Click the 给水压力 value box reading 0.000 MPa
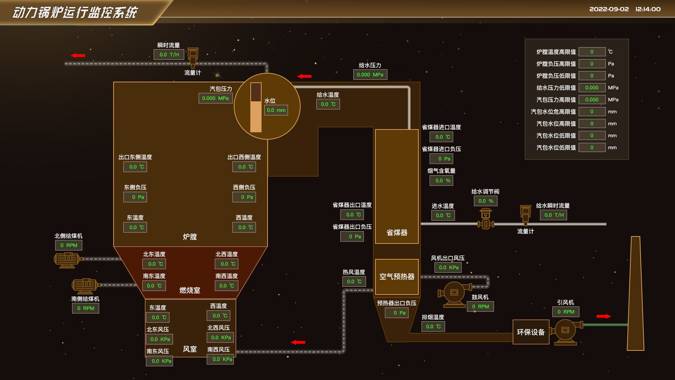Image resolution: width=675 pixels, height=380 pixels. [370, 75]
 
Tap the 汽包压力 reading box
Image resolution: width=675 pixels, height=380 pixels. [215, 98]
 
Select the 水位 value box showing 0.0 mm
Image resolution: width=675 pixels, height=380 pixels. [276, 110]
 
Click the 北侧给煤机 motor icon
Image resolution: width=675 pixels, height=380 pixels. [67, 260]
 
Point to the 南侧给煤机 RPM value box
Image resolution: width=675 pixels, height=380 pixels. [85, 308]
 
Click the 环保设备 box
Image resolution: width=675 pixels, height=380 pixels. [531, 332]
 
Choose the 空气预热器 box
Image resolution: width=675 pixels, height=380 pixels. [397, 277]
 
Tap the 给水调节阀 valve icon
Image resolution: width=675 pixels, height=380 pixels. [486, 219]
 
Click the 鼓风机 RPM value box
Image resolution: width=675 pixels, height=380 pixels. [480, 306]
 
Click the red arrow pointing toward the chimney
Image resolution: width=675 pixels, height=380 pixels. [604, 316]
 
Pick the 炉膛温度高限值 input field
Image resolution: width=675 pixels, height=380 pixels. [592, 52]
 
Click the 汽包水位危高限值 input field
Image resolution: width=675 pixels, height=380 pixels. [592, 112]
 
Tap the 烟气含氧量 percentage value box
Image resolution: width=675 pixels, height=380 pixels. [441, 180]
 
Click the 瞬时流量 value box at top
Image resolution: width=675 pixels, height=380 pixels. [169, 55]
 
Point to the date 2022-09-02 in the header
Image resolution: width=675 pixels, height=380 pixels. [609, 9]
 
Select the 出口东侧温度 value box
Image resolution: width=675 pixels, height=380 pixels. [135, 167]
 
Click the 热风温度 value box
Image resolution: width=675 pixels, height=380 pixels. [354, 281]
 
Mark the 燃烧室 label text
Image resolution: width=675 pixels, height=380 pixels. [189, 290]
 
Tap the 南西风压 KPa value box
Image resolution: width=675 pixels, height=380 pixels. [220, 359]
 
